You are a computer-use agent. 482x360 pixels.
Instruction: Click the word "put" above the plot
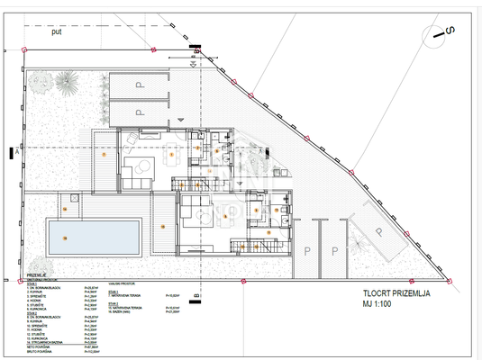(56, 32)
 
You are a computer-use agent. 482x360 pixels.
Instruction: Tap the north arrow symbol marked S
(441, 32)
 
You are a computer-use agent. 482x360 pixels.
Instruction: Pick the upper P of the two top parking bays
(140, 87)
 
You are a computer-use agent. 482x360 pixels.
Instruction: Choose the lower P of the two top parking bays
(140, 112)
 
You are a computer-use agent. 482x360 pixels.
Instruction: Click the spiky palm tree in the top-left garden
(64, 85)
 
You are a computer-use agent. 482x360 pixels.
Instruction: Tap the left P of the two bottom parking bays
(306, 251)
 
